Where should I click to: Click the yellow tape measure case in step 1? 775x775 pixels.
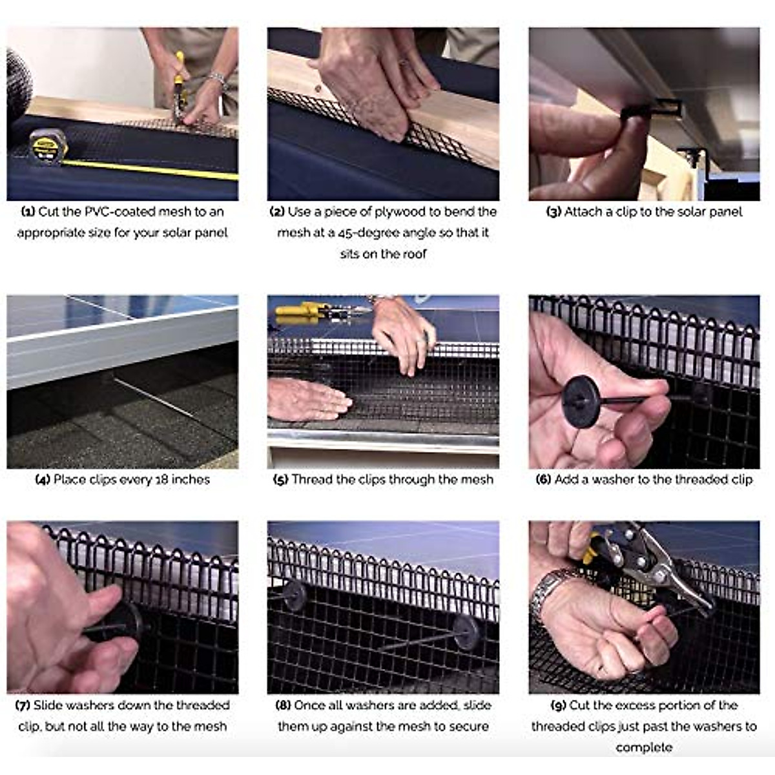48,147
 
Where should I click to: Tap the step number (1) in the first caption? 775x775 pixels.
28,212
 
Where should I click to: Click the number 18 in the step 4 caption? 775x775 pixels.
166,480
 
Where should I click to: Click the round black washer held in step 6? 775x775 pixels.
581,402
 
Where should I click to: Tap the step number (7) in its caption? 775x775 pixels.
23,705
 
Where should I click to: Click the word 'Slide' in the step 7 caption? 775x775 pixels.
46,705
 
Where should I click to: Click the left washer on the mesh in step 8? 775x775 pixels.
294,596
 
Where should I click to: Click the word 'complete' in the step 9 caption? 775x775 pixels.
644,748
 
